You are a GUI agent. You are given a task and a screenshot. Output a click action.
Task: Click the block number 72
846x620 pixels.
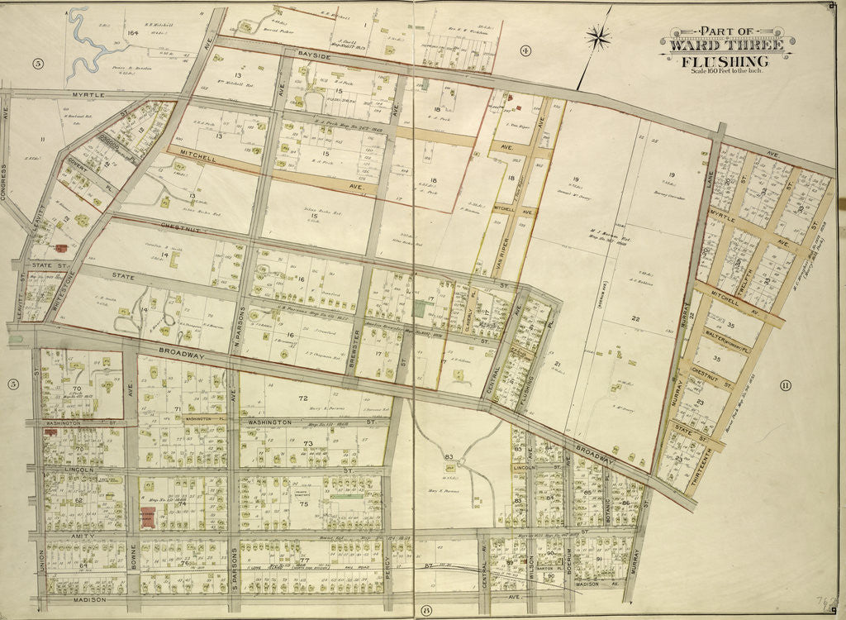(x=303, y=398)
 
